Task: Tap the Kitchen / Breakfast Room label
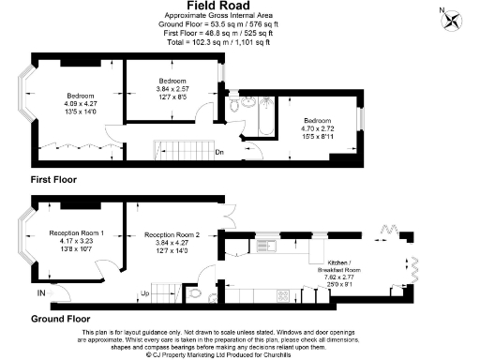[x=341, y=267]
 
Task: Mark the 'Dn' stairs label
[x=218, y=152]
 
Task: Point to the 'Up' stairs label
[x=144, y=293]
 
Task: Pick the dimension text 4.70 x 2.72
[x=316, y=127]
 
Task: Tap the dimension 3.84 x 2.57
[x=172, y=89]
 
